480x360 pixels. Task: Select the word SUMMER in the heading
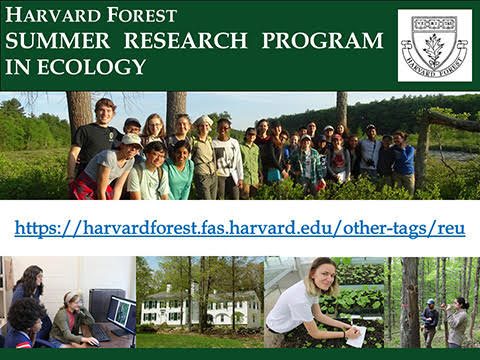60,41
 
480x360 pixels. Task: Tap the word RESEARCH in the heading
185,41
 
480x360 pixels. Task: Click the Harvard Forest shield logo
434,45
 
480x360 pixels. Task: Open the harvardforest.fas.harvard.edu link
240,228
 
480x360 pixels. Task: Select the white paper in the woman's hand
354,337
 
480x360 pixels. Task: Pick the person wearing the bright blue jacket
403,160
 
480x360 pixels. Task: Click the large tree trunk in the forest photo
409,300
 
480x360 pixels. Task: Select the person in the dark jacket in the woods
430,320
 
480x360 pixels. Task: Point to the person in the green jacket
251,160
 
